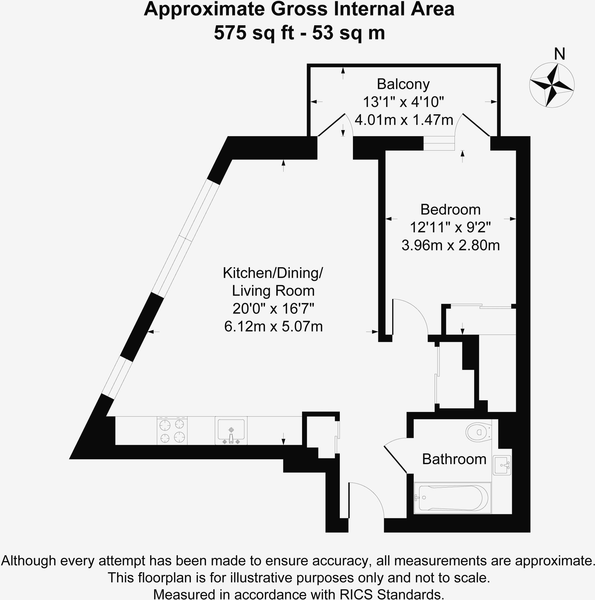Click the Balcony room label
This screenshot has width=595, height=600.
[403, 84]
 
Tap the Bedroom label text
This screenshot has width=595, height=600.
[450, 210]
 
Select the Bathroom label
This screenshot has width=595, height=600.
[454, 459]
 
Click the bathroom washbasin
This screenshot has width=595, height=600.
[502, 465]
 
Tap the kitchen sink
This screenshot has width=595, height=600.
[231, 430]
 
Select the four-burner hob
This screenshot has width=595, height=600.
[172, 431]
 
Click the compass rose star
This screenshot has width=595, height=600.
[552, 85]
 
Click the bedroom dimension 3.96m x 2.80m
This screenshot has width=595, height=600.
[450, 245]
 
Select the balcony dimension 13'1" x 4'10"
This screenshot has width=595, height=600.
[403, 102]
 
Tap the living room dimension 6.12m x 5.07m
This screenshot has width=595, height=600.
[273, 326]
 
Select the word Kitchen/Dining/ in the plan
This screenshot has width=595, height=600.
[273, 273]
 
